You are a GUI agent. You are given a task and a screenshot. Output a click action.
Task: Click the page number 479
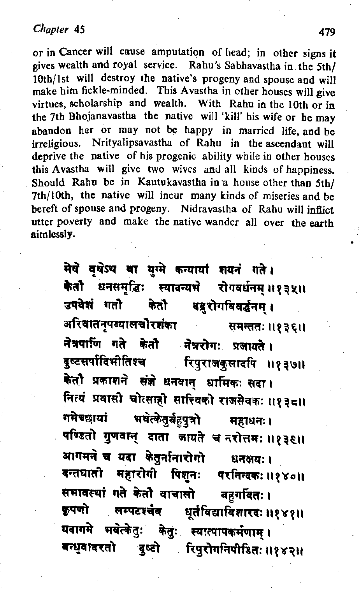tap(327, 32)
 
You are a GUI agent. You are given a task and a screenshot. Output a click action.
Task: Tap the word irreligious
tap(55, 144)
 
